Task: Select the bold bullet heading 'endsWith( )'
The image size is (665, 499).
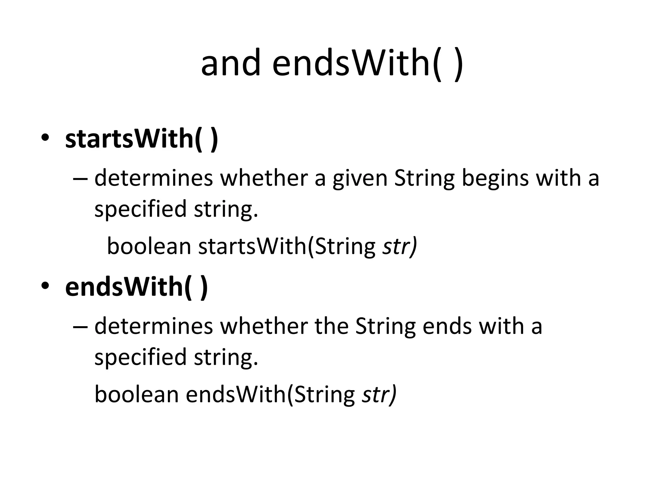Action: pos(136,287)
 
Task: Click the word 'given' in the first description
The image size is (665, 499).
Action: pos(360,178)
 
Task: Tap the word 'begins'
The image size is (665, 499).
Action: pos(495,178)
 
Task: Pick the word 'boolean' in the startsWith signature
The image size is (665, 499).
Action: pos(149,246)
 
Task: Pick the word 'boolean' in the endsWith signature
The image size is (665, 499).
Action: pos(136,394)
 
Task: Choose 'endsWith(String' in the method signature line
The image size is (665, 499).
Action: pos(271,395)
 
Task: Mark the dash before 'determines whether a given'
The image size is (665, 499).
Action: pos(80,179)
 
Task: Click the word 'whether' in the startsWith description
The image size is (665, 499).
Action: pos(264,178)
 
